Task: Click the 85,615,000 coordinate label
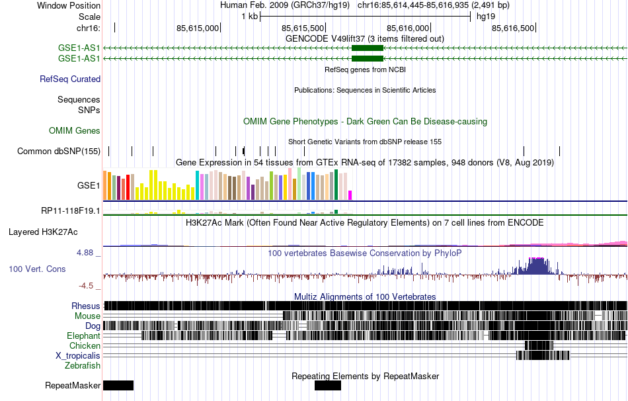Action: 197,28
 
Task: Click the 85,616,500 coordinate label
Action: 513,28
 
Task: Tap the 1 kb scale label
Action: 249,16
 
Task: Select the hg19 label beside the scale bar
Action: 486,16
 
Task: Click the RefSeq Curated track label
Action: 70,79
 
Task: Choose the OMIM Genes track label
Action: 75,131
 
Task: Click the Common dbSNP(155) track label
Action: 59,151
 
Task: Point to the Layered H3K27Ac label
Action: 43,232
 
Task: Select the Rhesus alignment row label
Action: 86,306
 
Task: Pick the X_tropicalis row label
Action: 78,355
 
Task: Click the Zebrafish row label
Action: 83,365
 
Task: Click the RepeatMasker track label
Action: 73,385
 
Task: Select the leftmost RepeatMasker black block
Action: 118,385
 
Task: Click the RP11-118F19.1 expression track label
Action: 71,211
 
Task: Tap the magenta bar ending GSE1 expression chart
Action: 350,195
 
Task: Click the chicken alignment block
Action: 538,345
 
